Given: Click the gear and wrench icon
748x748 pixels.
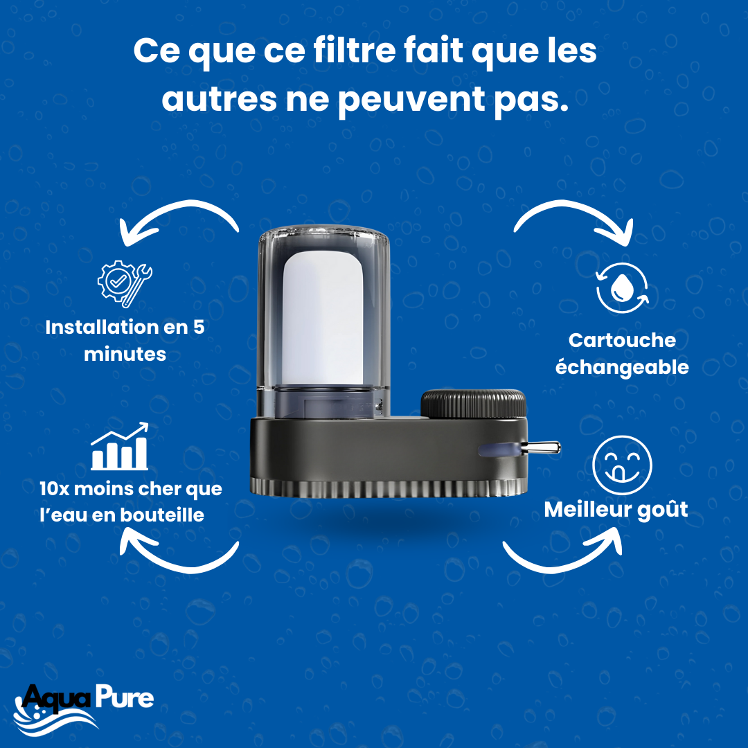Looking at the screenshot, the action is pyautogui.click(x=125, y=283).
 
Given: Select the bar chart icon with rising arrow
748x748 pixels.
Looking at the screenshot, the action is pyautogui.click(x=119, y=447).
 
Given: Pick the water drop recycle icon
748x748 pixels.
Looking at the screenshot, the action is pyautogui.click(x=622, y=287).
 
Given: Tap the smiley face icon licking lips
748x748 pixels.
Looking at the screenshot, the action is pyautogui.click(x=621, y=465).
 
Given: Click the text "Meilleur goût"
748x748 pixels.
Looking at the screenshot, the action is pyautogui.click(x=616, y=510).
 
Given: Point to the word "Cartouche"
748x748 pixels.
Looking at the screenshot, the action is pyautogui.click(x=622, y=340).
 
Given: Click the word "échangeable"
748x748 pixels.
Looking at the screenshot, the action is pyautogui.click(x=622, y=368).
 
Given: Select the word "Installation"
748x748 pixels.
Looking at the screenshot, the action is pyautogui.click(x=101, y=327).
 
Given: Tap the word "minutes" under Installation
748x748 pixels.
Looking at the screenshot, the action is pyautogui.click(x=125, y=355).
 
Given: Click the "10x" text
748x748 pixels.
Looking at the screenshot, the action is pyautogui.click(x=55, y=488).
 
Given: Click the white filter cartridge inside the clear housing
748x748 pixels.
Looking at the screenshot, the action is pyautogui.click(x=323, y=318).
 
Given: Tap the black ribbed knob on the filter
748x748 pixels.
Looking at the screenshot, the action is pyautogui.click(x=473, y=404).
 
